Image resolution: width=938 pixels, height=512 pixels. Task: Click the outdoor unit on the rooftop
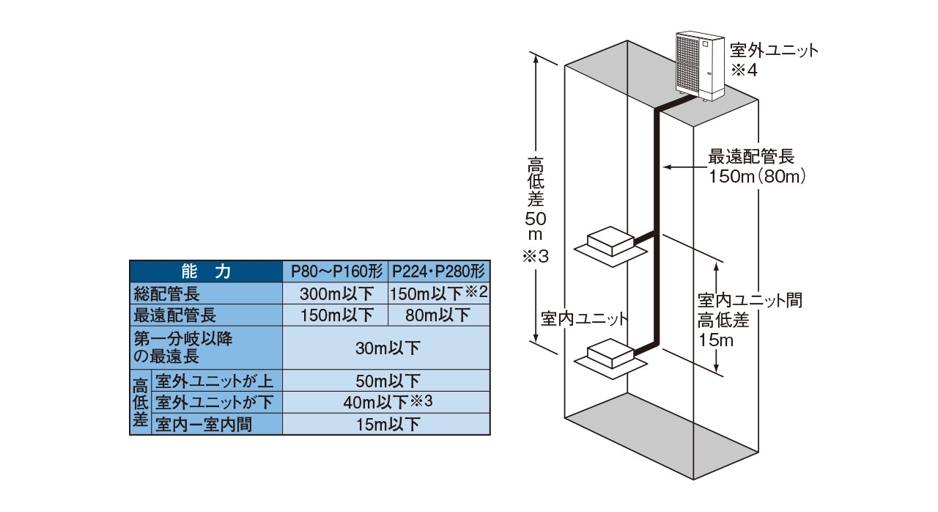click(700, 64)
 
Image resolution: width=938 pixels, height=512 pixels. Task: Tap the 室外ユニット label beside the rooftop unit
click(773, 51)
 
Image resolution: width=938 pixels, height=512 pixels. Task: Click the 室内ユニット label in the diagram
click(585, 319)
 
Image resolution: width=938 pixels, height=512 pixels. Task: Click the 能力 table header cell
click(206, 271)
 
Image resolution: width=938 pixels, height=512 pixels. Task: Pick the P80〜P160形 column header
click(334, 271)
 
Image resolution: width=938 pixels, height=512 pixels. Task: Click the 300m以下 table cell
click(334, 294)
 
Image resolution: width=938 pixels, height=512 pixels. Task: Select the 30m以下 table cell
click(386, 348)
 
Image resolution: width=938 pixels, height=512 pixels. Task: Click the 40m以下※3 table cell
click(386, 402)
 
